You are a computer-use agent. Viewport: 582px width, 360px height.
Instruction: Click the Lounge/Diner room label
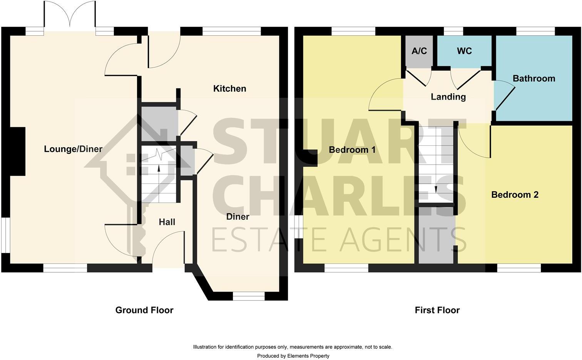(x=73, y=149)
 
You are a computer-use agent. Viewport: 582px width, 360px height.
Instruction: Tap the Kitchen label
(x=229, y=88)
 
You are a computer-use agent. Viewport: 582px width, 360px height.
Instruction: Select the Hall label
(x=167, y=222)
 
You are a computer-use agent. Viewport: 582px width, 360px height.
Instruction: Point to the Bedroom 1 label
(x=352, y=150)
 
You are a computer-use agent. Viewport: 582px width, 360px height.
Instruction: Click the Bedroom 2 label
(x=515, y=195)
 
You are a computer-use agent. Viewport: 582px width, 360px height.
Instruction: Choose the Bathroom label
(x=534, y=78)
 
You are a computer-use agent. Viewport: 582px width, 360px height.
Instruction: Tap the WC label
(x=464, y=51)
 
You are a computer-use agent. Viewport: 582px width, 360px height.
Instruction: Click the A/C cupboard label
(x=419, y=51)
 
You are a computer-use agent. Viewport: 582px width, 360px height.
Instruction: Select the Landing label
(x=448, y=97)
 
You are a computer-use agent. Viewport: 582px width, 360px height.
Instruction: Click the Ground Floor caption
(x=144, y=310)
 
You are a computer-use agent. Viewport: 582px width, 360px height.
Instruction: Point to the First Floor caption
(x=437, y=310)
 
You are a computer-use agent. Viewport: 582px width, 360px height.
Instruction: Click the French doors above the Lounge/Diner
(x=70, y=17)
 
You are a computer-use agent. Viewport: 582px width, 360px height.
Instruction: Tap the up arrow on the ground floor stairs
(x=159, y=168)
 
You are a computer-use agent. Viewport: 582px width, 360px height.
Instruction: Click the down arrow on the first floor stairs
(x=436, y=189)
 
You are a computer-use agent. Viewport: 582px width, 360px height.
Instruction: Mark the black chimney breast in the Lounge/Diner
(x=17, y=152)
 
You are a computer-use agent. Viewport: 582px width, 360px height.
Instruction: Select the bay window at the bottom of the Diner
(x=249, y=295)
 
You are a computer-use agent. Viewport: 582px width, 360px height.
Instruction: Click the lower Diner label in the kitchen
(x=237, y=217)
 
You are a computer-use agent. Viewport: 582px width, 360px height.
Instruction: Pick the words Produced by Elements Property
(x=293, y=356)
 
